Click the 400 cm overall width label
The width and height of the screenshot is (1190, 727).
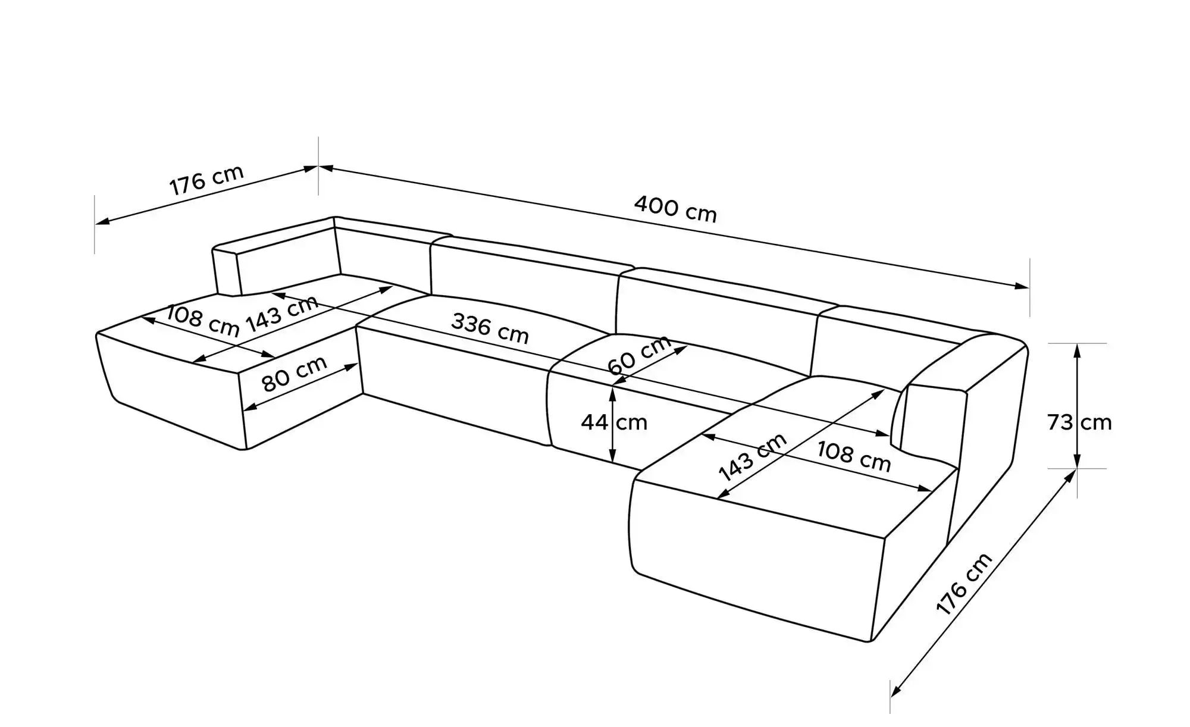[675, 209]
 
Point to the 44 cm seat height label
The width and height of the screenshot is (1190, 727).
[613, 422]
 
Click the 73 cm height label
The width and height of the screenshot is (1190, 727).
[1079, 422]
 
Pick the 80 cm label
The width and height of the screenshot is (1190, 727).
[295, 374]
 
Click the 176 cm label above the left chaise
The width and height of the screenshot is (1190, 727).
[206, 179]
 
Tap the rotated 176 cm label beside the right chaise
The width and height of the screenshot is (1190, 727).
[964, 583]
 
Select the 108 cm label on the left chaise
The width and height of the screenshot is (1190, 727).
[202, 321]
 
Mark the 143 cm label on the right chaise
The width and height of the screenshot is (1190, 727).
[753, 457]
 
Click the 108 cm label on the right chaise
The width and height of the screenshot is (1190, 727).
[854, 456]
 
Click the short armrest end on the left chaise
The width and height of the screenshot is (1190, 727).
[226, 271]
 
